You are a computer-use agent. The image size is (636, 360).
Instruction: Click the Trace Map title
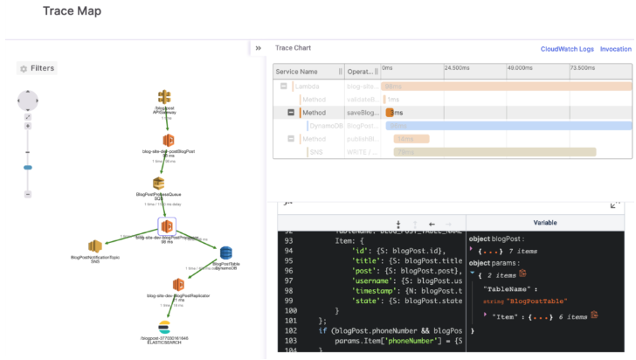[x=72, y=11]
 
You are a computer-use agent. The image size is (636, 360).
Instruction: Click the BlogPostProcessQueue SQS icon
[x=158, y=183]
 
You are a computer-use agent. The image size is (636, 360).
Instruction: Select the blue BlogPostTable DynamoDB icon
[x=225, y=253]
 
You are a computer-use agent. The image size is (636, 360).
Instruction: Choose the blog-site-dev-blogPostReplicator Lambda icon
[x=177, y=285]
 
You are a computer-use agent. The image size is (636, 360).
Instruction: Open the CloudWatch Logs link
[x=567, y=49]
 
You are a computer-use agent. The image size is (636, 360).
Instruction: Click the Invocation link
[x=615, y=49]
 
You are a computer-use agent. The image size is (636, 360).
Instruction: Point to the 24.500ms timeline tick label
[x=458, y=67]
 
